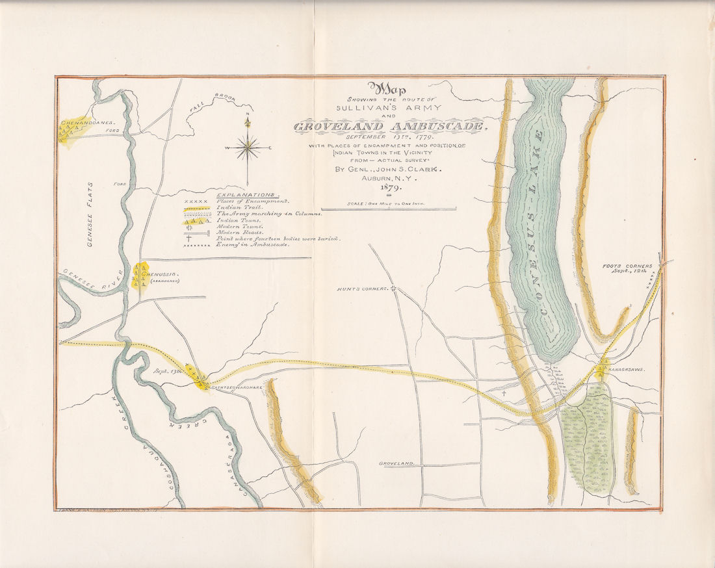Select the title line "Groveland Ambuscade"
pos(390,126)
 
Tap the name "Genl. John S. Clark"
pos(388,170)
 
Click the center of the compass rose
pos(248,149)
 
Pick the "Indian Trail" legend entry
pos(241,207)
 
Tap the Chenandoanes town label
pos(88,122)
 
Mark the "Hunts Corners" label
pos(361,289)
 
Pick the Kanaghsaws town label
pos(626,368)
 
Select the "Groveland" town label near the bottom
pos(396,463)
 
